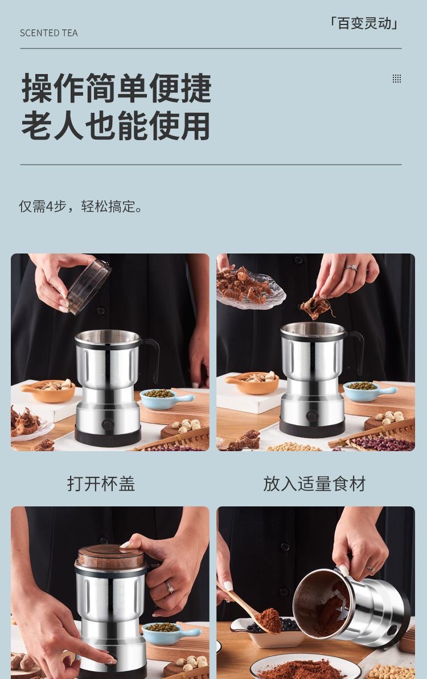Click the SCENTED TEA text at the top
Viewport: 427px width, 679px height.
48,33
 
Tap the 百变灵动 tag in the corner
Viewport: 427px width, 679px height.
364,23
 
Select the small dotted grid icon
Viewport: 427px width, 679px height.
397,79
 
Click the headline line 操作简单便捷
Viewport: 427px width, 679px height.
117,88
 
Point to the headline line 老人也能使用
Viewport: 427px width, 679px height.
116,126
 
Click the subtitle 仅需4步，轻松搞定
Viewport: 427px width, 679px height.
81,206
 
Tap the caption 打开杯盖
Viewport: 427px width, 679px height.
101,484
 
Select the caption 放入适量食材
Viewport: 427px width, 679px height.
314,484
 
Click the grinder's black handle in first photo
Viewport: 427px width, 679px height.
151,359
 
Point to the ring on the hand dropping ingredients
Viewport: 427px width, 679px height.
352,267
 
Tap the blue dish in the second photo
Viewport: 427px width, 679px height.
367,390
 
